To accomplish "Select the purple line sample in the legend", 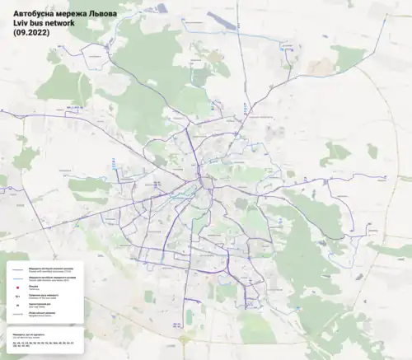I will pos(17,269).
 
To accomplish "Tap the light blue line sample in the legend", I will pos(17,278).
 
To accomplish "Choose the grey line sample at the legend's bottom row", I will pos(17,316).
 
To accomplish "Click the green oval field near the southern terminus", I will pos(189,316).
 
